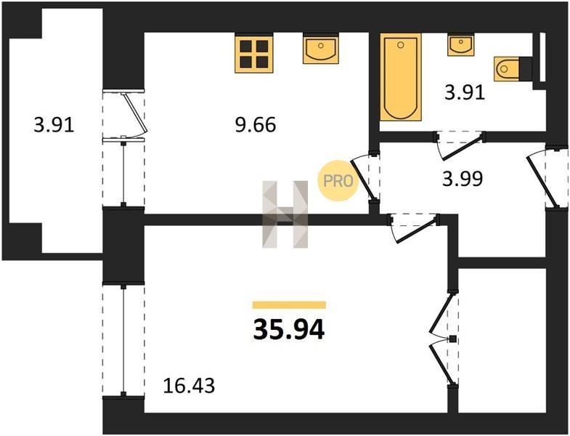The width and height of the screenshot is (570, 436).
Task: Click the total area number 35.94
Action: tap(289, 330)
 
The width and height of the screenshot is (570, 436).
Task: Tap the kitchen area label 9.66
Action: tap(256, 125)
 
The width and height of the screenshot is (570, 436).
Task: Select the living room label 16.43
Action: tap(189, 385)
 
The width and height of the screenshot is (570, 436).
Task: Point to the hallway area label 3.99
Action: tap(463, 179)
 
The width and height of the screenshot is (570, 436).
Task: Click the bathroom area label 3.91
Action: tap(465, 92)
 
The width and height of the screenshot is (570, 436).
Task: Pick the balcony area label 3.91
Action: tap(54, 125)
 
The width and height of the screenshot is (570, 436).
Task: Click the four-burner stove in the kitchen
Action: tap(253, 54)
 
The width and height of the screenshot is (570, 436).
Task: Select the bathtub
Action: tap(401, 77)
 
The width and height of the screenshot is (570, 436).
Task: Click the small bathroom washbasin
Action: tap(460, 45)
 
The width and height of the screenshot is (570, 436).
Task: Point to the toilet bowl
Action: tap(506, 68)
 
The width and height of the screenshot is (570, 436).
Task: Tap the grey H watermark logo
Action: tap(285, 214)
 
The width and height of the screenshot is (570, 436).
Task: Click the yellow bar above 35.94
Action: tap(289, 305)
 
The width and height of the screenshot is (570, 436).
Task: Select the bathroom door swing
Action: tap(460, 145)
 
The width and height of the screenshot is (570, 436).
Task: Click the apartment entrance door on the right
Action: tap(547, 176)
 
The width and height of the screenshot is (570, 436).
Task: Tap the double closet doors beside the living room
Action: tap(444, 339)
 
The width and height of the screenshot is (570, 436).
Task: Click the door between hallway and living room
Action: tap(413, 228)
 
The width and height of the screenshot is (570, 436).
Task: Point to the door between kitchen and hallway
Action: tap(365, 177)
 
